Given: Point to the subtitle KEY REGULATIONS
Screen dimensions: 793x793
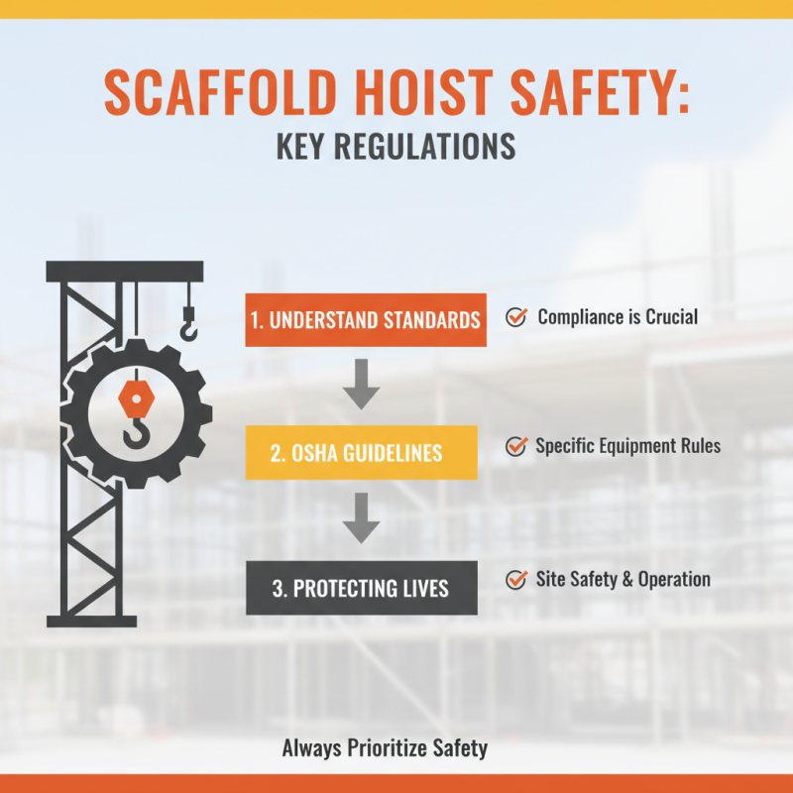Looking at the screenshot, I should [396, 146].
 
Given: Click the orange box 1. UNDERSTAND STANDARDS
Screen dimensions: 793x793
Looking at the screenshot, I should [366, 320].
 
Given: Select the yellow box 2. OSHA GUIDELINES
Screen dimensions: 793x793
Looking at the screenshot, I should [361, 453].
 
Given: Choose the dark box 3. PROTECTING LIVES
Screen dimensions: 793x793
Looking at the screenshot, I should [361, 588].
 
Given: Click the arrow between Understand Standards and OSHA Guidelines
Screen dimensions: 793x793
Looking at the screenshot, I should [362, 387].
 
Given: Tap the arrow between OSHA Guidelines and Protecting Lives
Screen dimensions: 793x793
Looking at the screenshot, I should [362, 519].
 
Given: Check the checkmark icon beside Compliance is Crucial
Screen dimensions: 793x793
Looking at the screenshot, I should [516, 317].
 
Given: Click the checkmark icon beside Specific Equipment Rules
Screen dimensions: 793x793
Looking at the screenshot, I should [516, 446].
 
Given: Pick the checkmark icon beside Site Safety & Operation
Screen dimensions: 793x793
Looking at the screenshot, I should [516, 579].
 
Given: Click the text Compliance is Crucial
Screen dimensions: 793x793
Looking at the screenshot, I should [618, 317].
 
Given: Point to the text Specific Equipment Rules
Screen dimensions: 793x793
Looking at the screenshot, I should [627, 446].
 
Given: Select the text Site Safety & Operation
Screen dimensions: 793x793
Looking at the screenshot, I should [623, 579].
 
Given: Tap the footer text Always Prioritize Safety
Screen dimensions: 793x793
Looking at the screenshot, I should [385, 748].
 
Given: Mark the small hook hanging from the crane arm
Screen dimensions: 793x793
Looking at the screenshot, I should [188, 322].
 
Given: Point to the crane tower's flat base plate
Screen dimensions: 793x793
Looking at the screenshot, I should [91, 622].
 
